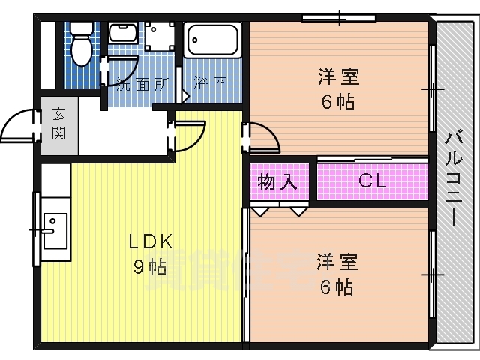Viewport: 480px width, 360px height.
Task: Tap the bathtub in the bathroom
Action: pos(212,40)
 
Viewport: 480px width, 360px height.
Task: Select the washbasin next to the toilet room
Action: pos(123,34)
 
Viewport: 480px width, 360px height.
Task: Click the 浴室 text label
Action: pos(210,83)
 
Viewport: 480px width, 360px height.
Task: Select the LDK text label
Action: pos(150,241)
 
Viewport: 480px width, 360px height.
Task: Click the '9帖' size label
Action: pos(150,266)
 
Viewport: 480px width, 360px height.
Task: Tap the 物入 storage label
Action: pos(277,181)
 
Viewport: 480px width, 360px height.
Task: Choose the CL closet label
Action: pos(371,181)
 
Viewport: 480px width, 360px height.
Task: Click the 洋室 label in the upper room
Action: pos(338,77)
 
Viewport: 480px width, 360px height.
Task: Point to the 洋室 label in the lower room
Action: pos(337,262)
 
